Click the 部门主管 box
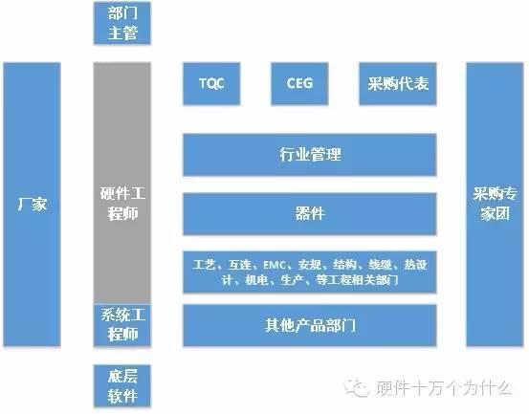(x=122, y=23)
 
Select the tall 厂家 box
(x=33, y=205)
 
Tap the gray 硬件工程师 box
(x=122, y=183)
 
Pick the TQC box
(x=211, y=83)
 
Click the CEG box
(x=299, y=83)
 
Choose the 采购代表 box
(x=398, y=83)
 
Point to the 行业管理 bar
(x=310, y=155)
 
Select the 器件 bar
(x=310, y=214)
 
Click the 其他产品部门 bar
(x=310, y=325)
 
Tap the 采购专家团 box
(x=495, y=205)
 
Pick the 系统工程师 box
(x=122, y=325)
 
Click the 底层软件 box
(x=122, y=386)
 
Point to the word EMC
(x=275, y=265)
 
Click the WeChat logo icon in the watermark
(x=356, y=387)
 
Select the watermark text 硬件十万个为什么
(x=444, y=387)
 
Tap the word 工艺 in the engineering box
(x=205, y=265)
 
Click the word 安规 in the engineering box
(x=309, y=265)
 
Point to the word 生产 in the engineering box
(x=292, y=280)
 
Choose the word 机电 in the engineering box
(x=256, y=280)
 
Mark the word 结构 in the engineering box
(x=344, y=265)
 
